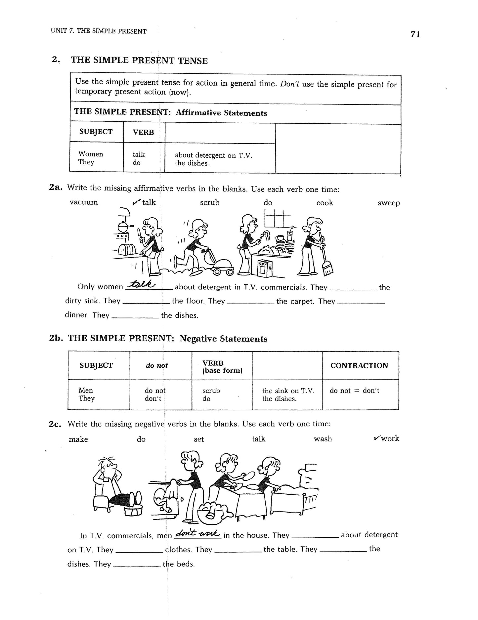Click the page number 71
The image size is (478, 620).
coord(415,34)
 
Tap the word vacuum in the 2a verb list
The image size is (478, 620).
coord(84,202)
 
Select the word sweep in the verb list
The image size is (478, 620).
coord(389,203)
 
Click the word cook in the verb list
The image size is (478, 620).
coord(325,203)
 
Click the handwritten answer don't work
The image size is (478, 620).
coord(197,533)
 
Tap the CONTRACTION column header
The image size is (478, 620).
coord(359,365)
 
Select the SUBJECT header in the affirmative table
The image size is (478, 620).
coord(96,132)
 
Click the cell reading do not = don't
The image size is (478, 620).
coord(354,391)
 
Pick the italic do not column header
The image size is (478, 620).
coord(157,365)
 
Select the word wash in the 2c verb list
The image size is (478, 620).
coord(323,439)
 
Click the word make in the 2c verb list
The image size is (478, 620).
coord(78,439)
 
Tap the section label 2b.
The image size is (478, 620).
coord(56,338)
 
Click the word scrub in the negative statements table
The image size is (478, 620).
coord(211,391)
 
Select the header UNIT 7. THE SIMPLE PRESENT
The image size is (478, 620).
coord(99,31)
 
